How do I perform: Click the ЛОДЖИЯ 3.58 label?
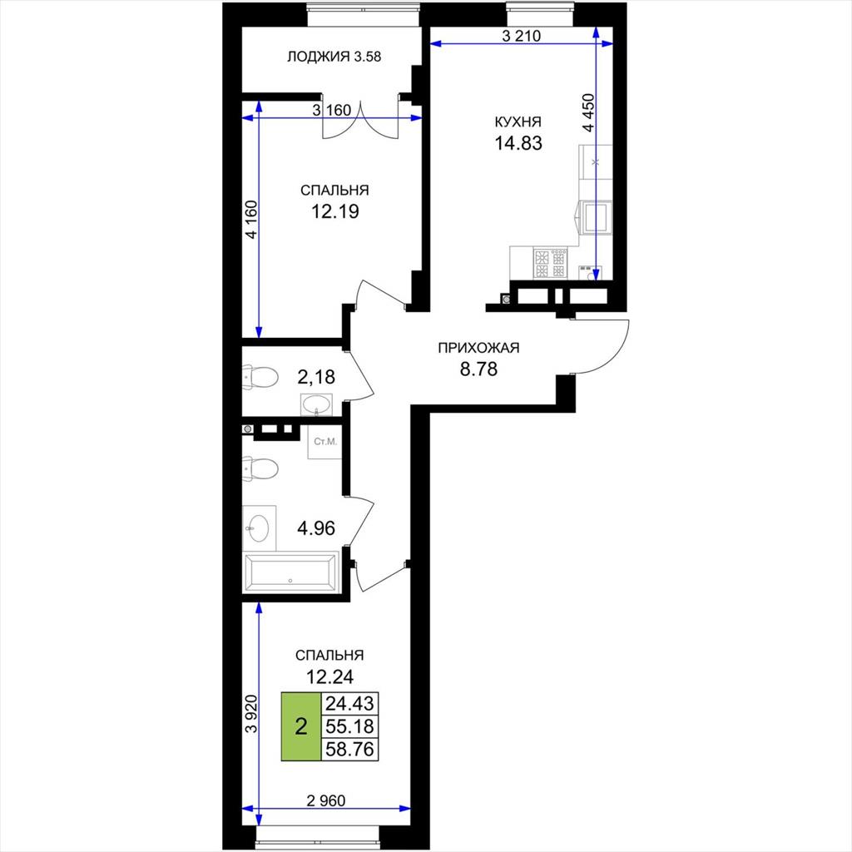click(x=334, y=57)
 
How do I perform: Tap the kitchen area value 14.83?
click(x=518, y=143)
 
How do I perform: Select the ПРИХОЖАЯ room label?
click(x=478, y=348)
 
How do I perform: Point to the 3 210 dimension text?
click(x=521, y=37)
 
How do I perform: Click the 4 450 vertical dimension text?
click(x=589, y=113)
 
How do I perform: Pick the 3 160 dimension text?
click(x=332, y=111)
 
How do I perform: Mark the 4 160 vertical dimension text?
click(x=251, y=220)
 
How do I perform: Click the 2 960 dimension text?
click(x=326, y=800)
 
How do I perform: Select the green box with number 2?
click(x=301, y=726)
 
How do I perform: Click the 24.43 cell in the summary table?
click(x=349, y=704)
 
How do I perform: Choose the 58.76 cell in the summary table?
click(x=349, y=750)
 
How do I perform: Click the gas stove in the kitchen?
click(x=550, y=264)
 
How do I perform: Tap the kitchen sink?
click(x=595, y=217)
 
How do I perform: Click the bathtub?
click(x=290, y=572)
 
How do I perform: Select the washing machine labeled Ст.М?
click(x=324, y=441)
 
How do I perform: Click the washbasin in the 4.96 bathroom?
click(x=259, y=527)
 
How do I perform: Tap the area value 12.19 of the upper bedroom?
click(x=334, y=211)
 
